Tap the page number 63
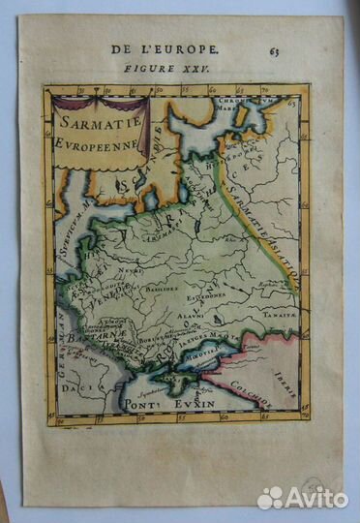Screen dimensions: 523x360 [x=274, y=51]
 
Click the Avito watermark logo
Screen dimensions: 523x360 [x=302, y=497]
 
